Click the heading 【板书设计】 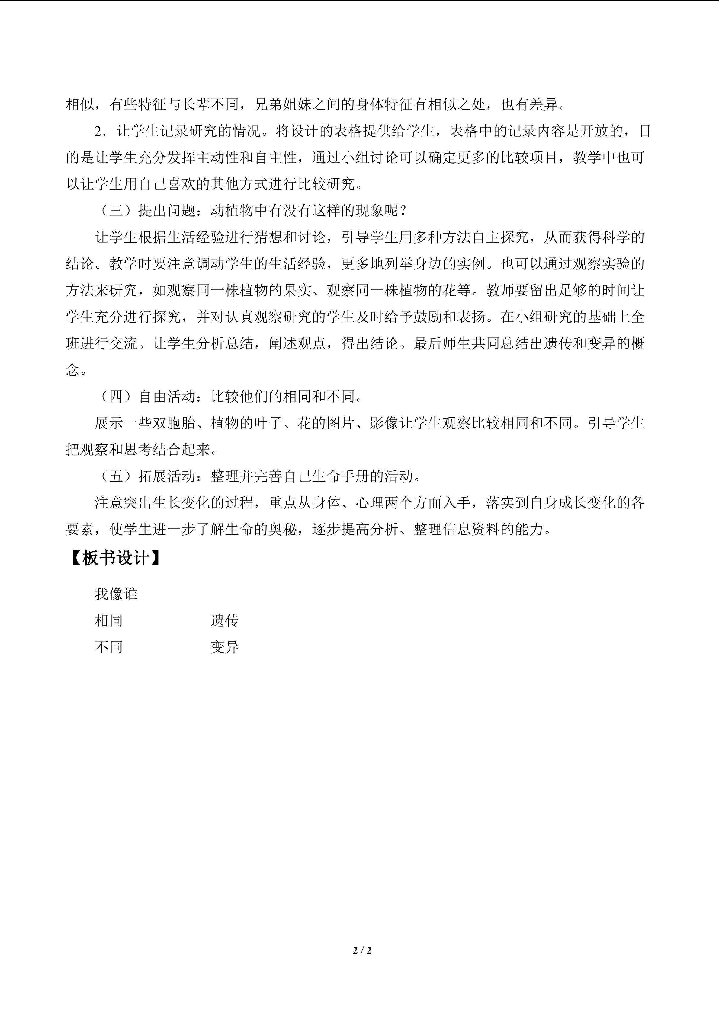[x=115, y=559]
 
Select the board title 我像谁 [x=116, y=594]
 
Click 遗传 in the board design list [x=224, y=621]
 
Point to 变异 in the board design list [x=224, y=647]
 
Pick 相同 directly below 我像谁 [x=108, y=621]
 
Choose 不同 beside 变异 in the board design [x=108, y=647]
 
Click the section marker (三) [x=116, y=211]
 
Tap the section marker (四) [x=116, y=397]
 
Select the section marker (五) [x=116, y=476]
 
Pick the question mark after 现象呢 [x=403, y=211]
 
